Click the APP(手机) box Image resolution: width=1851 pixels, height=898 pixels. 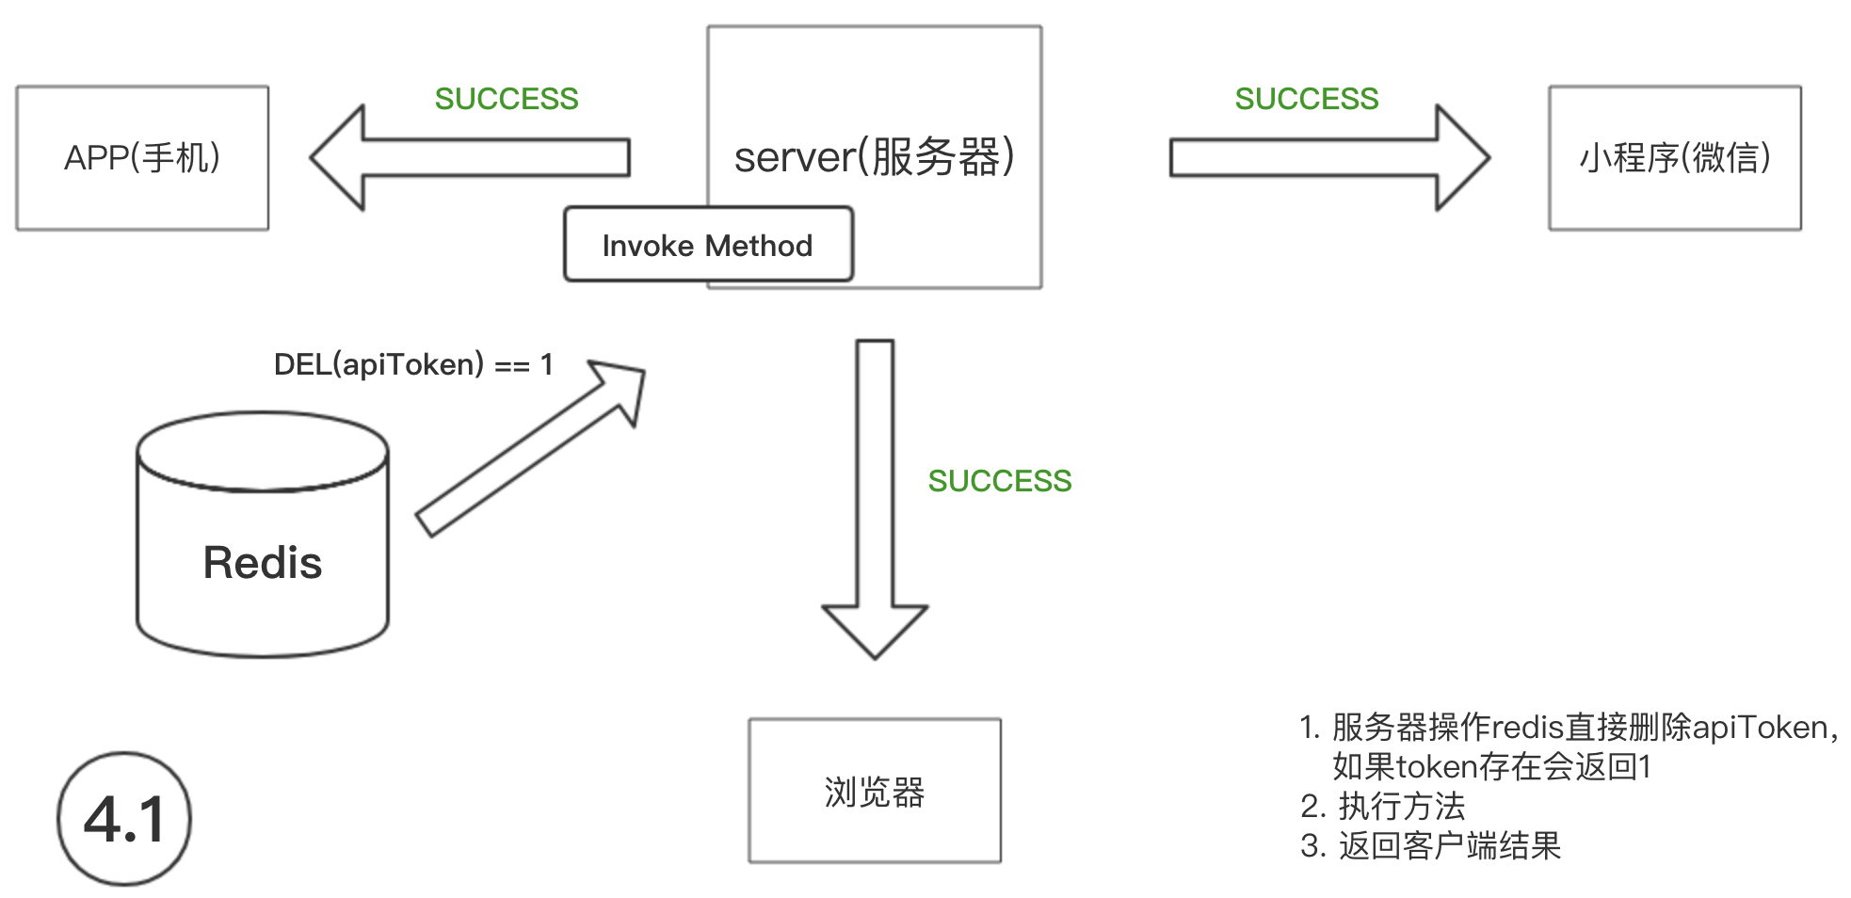pos(142,158)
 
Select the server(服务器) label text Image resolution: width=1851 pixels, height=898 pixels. pos(874,157)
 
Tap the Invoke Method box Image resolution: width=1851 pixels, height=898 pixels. pos(708,245)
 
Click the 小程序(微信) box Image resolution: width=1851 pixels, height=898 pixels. pos(1675,158)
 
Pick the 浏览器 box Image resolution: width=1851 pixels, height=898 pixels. pos(875,791)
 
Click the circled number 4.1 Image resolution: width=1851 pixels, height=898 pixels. pos(124,818)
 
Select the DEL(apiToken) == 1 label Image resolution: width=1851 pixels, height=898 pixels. pos(413,364)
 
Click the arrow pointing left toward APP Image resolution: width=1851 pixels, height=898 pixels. pos(471,158)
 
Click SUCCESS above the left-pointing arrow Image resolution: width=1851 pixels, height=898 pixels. pos(507,99)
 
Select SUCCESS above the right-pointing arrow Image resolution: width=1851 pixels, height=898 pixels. pos(1307,99)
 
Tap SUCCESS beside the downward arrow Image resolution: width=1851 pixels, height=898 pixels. pos(1000,481)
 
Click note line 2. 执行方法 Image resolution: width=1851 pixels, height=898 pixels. pos(1383,807)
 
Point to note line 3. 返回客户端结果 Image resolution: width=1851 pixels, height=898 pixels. pos(1431,846)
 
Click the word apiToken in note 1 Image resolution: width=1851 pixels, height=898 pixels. pos(1760,728)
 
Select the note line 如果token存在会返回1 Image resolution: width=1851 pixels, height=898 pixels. pos(1491,767)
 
